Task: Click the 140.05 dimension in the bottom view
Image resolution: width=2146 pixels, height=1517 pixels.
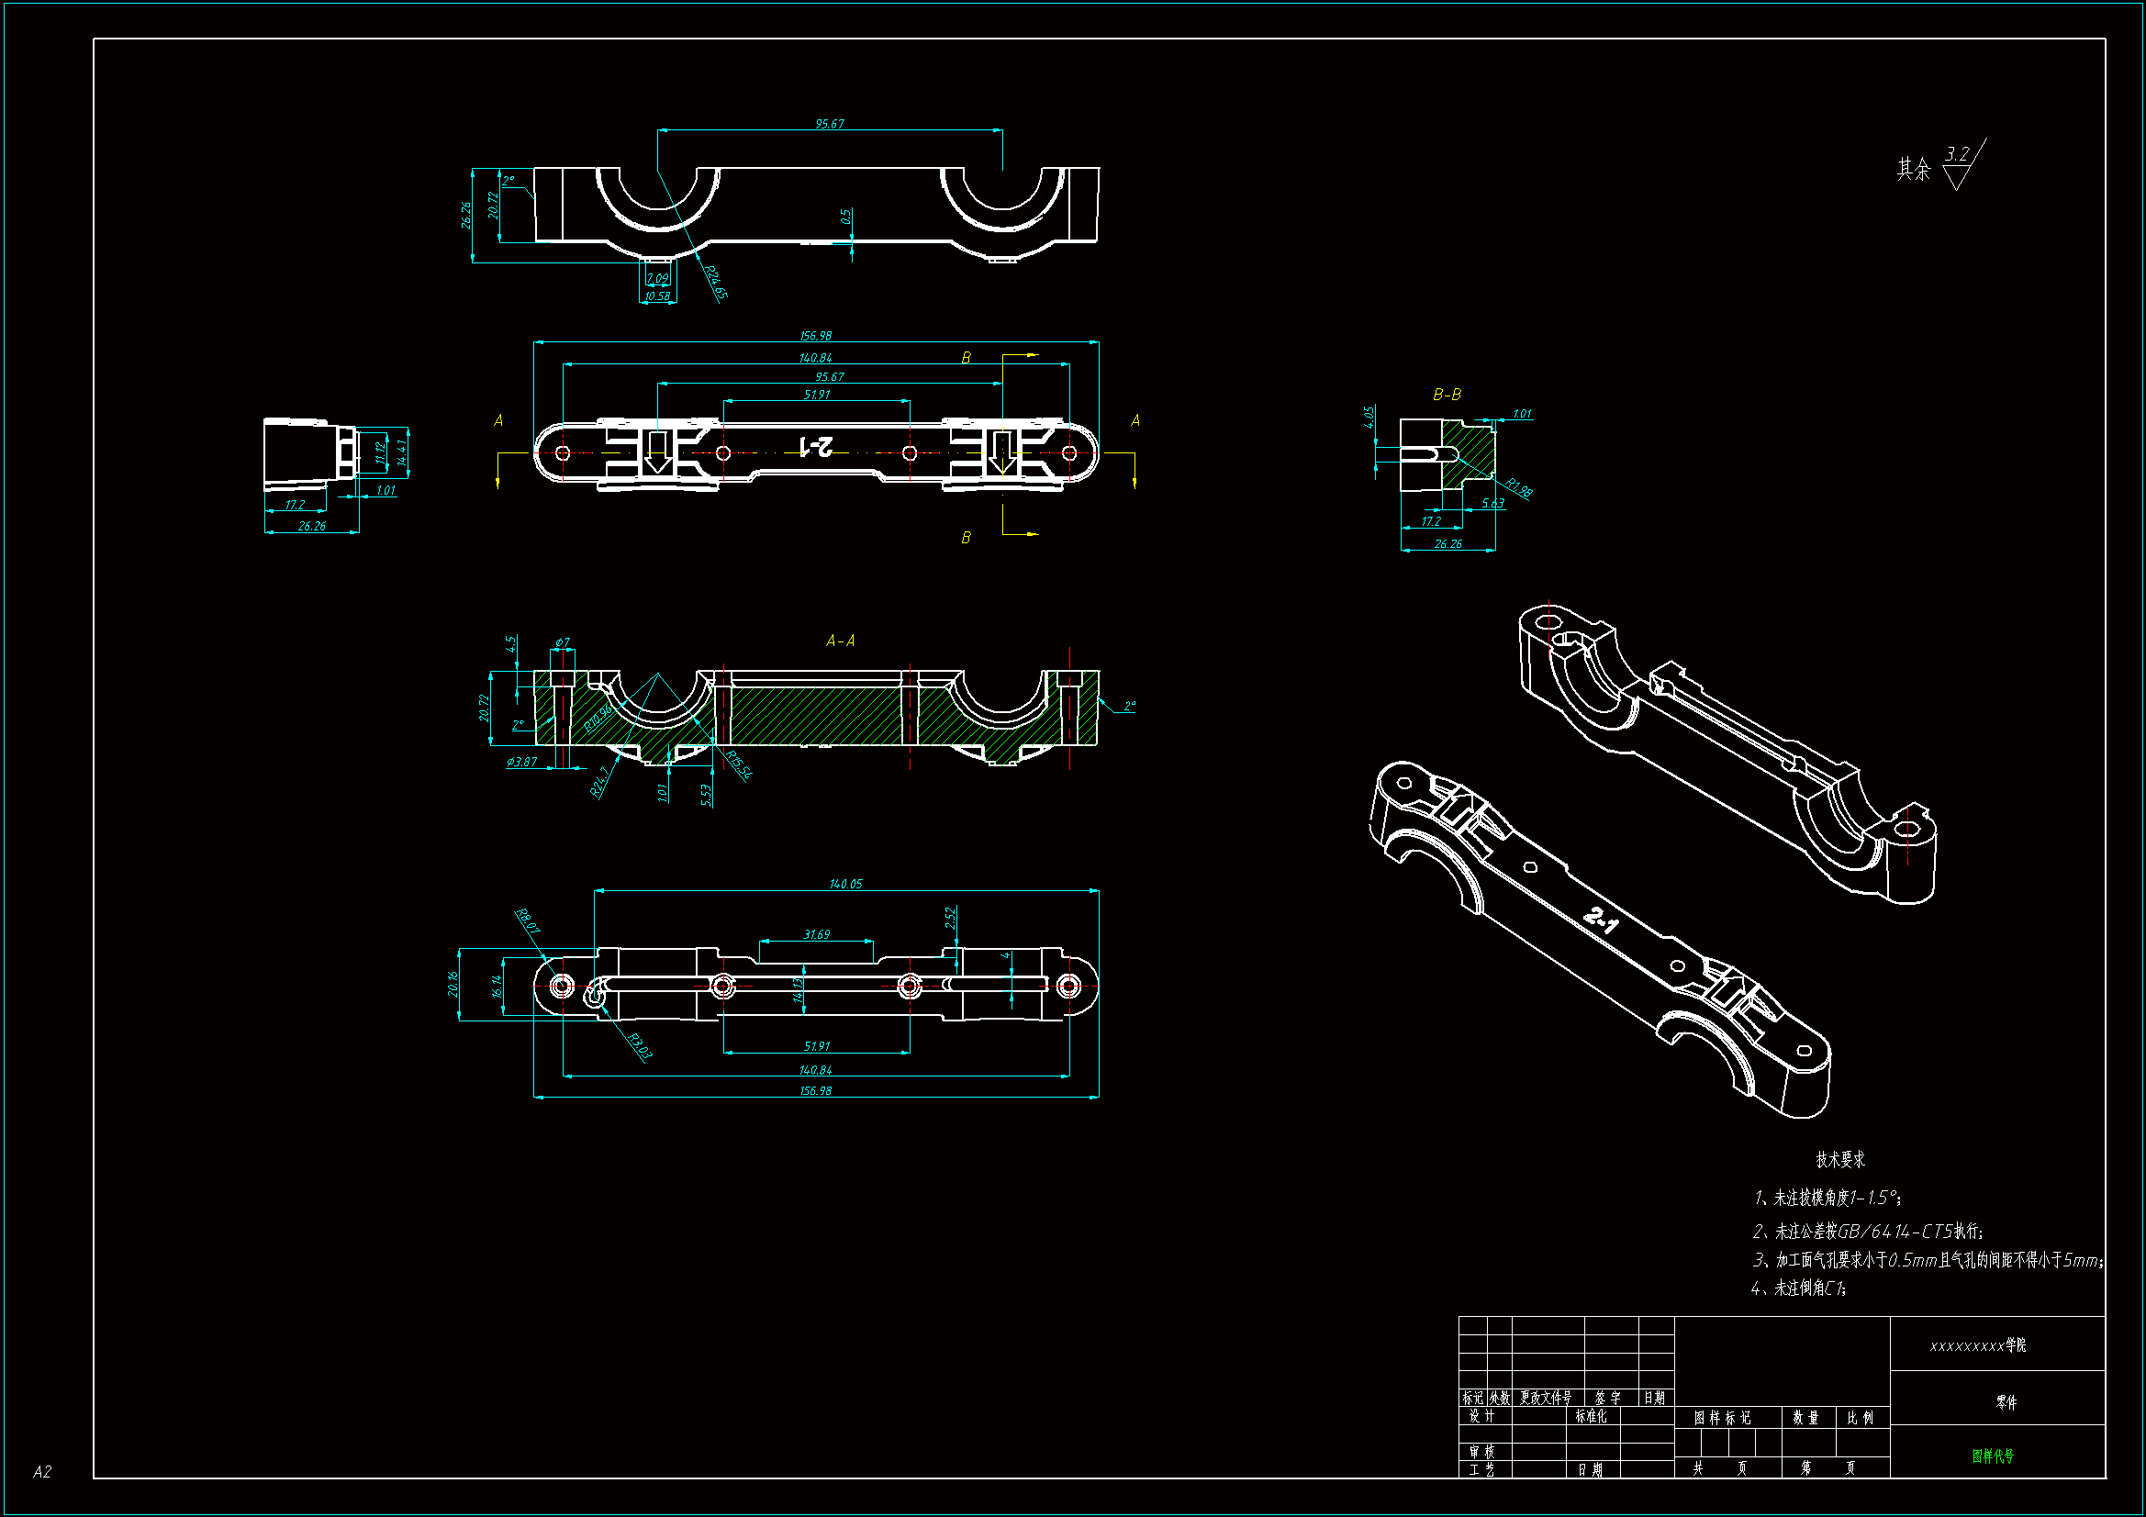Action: point(845,883)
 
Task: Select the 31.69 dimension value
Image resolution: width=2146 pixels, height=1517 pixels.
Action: point(816,933)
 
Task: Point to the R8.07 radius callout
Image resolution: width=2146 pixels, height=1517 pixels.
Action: point(528,920)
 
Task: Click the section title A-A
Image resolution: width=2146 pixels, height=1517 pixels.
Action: point(840,641)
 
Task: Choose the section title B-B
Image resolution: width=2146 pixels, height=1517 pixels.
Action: point(1447,395)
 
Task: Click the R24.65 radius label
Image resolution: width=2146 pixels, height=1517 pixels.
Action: point(715,283)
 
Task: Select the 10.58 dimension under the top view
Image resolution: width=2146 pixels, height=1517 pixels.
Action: point(657,296)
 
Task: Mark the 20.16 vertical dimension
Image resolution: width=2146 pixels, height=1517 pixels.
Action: point(453,983)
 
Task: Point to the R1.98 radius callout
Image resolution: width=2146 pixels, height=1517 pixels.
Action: point(1518,488)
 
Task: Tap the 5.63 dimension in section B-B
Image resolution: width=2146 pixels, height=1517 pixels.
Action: point(1492,503)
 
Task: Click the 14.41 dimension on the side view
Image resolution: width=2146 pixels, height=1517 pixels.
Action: point(402,452)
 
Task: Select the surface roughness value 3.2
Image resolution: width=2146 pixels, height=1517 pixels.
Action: point(1957,153)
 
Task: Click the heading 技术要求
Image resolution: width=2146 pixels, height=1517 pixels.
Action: point(1839,1159)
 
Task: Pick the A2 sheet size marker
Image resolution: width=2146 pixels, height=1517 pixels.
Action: point(42,1471)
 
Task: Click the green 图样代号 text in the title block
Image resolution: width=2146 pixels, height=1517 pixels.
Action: point(1993,1456)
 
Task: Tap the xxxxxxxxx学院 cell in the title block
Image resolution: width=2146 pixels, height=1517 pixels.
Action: point(1978,1345)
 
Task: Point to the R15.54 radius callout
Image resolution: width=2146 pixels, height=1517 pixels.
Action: point(738,764)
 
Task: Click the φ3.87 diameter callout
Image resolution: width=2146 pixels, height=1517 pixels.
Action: point(521,762)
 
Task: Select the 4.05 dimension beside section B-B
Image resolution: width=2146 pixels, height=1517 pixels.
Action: point(1369,417)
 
